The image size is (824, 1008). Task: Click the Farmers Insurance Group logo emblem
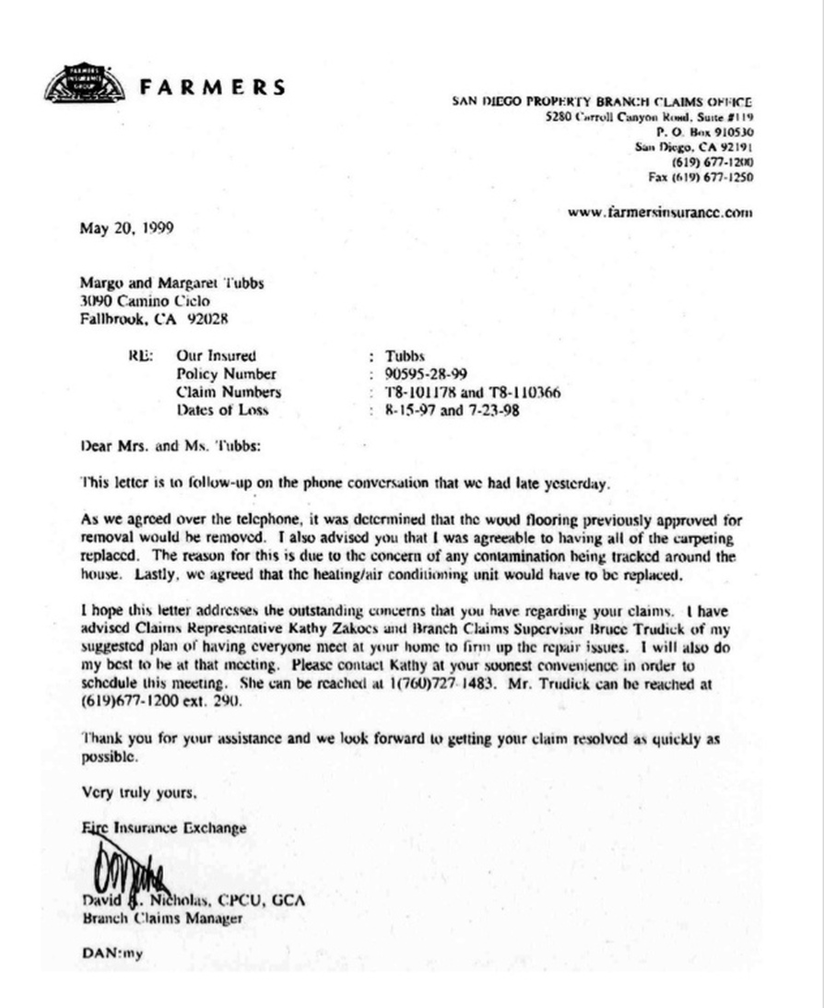(83, 84)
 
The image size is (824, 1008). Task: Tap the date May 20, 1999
(125, 227)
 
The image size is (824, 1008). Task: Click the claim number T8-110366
(521, 393)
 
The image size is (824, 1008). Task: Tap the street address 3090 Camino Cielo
(145, 301)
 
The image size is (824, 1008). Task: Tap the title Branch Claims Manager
(163, 919)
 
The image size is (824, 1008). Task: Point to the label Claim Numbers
(228, 393)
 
